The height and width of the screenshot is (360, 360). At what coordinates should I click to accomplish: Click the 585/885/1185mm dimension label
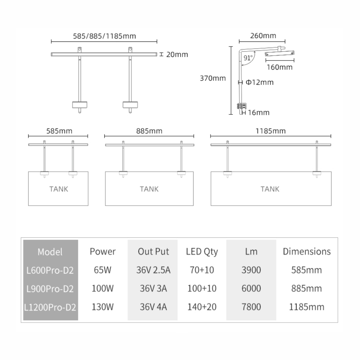104,36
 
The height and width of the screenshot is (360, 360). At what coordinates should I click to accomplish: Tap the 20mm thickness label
177,54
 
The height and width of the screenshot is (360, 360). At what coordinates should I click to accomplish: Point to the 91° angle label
248,58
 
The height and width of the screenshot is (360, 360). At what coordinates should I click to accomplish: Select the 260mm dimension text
263,36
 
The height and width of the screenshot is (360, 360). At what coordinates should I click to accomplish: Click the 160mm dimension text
279,67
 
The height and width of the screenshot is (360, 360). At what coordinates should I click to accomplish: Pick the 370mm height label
213,78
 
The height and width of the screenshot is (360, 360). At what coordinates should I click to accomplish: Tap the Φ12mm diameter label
260,82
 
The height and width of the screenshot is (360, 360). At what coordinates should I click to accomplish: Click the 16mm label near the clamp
259,113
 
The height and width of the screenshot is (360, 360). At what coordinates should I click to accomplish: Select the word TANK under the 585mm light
58,189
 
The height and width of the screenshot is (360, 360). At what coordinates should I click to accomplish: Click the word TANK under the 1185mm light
270,189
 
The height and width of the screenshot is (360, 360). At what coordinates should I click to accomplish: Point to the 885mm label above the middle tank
149,131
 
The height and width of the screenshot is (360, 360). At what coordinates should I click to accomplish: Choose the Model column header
50,252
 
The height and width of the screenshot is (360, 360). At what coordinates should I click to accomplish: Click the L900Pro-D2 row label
50,289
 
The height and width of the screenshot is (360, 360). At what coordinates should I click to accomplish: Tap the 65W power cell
103,270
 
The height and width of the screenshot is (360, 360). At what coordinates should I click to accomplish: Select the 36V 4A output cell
153,307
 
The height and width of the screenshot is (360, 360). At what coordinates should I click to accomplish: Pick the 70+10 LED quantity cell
202,270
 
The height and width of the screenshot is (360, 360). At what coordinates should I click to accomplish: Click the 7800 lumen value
251,307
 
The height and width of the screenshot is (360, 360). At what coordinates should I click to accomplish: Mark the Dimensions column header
307,252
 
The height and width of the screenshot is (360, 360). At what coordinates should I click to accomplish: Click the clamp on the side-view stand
242,106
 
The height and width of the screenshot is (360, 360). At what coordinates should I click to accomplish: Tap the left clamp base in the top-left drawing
79,105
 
